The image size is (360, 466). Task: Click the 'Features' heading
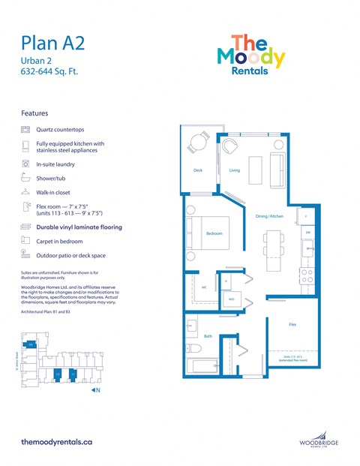pos(35,113)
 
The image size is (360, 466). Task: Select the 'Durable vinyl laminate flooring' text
pos(79,227)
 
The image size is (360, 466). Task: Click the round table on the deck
pos(199,142)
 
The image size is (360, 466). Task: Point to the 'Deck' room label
pos(198,170)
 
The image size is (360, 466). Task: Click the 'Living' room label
pos(234,170)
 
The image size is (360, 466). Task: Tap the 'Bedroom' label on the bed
pos(215,234)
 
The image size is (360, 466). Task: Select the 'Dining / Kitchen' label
pos(268,216)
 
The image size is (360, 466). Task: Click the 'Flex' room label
pos(292,325)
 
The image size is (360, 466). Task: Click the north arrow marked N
pos(95,390)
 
